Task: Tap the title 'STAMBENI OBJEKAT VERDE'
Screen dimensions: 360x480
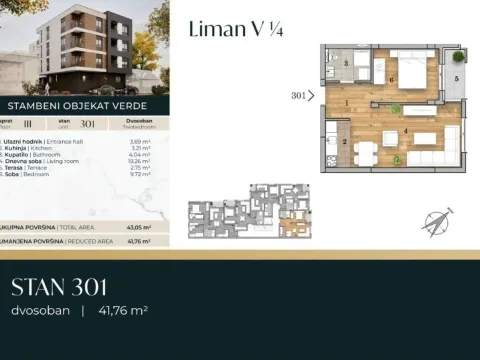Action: pos(78,103)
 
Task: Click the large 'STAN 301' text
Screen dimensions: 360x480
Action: pos(59,288)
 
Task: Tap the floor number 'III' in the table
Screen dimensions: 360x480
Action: pos(43,126)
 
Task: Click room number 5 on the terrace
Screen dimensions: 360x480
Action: pos(456,78)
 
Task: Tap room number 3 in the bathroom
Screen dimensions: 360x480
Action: pos(345,63)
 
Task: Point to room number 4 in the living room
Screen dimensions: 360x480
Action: pos(405,129)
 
